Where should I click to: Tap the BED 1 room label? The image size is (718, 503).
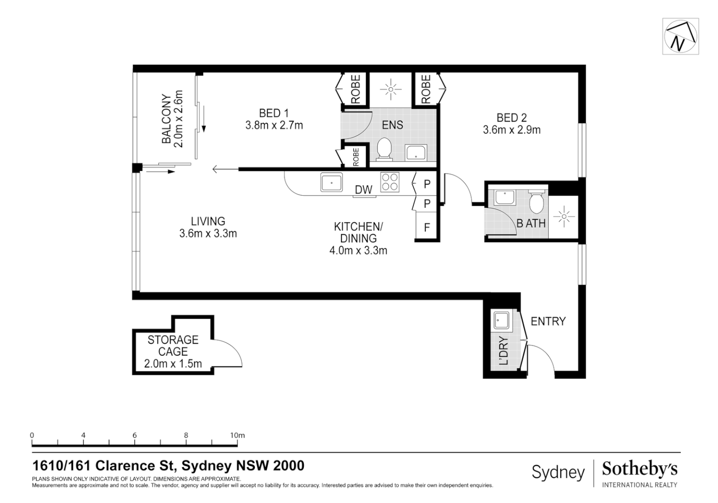(x=274, y=113)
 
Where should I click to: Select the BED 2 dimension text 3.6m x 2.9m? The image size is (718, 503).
(x=512, y=130)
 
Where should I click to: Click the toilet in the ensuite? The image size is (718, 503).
(x=384, y=149)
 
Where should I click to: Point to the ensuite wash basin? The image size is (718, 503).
(x=416, y=152)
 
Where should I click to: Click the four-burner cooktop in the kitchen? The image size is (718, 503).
(x=390, y=182)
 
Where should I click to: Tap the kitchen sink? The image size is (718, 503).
(x=331, y=182)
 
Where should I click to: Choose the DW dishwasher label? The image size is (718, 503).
(x=363, y=190)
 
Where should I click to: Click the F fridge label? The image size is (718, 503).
(x=427, y=227)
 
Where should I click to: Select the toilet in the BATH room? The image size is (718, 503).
(x=536, y=201)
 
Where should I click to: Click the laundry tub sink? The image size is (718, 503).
(x=501, y=320)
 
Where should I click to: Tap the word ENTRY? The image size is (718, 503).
(x=548, y=321)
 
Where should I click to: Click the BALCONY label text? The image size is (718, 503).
(x=166, y=119)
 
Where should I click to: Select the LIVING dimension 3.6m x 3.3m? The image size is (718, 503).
(x=208, y=233)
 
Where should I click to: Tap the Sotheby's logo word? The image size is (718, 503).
(x=640, y=469)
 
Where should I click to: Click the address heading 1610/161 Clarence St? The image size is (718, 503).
(x=104, y=466)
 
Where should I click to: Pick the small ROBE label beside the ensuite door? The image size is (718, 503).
(x=356, y=157)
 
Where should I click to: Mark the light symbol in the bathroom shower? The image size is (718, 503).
(x=563, y=217)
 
